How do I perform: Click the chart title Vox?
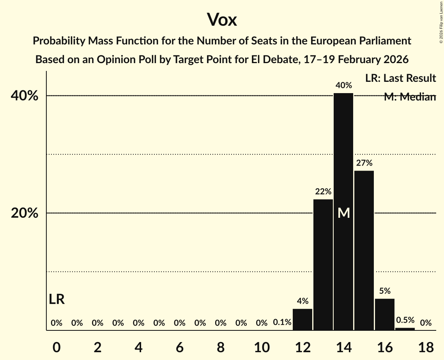[x=222, y=19]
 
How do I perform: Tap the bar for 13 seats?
[x=323, y=265]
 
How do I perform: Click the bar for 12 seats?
[x=302, y=319]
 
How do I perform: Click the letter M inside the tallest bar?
[x=343, y=213]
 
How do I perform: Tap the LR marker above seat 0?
[x=57, y=299]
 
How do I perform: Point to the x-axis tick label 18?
[x=426, y=347]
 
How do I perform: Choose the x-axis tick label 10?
[x=262, y=347]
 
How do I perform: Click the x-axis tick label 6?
[x=179, y=347]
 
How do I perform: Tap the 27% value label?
[x=364, y=163]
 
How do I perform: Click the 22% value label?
[x=323, y=192]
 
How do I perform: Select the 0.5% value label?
[x=405, y=320]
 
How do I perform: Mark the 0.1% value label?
[x=282, y=323]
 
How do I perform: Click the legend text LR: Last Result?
[x=400, y=78]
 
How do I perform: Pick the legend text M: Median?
[x=409, y=97]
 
